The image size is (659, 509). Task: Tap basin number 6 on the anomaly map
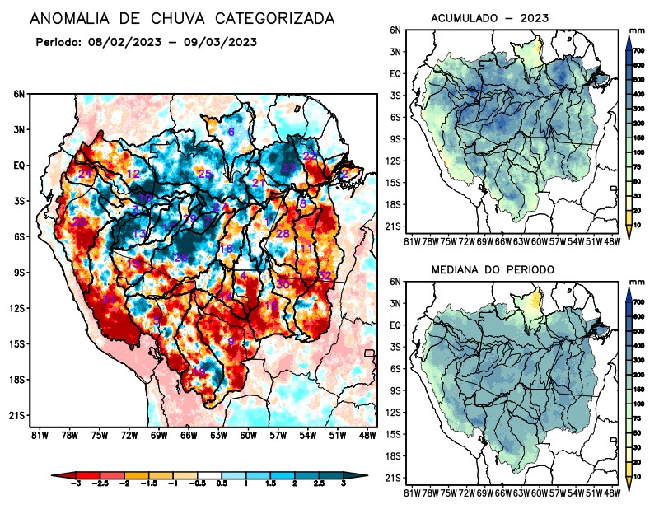pos(231,133)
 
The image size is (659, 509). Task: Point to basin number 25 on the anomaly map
pos(205,173)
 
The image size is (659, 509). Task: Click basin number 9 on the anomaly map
pos(231,342)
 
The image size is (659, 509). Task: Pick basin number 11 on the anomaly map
pos(306,248)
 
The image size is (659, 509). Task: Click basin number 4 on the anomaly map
pos(244,275)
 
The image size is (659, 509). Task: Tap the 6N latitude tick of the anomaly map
pos(19,94)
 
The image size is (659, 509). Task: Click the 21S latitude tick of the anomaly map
pos(17,415)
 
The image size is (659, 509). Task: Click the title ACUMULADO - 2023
pos(489,18)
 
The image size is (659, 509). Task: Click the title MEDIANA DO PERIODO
pos(493,269)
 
